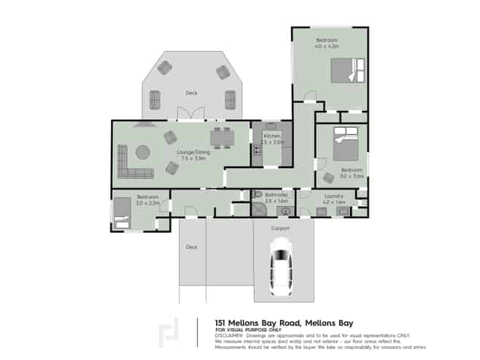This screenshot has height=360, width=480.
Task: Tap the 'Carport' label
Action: [281, 229]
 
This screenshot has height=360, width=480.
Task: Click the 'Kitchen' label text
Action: [271, 136]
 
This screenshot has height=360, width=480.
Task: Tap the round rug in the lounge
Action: [142, 152]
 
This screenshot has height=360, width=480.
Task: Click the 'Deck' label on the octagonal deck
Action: [191, 93]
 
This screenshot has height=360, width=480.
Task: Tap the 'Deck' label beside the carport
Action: [191, 247]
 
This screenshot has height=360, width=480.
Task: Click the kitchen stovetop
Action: [257, 150]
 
